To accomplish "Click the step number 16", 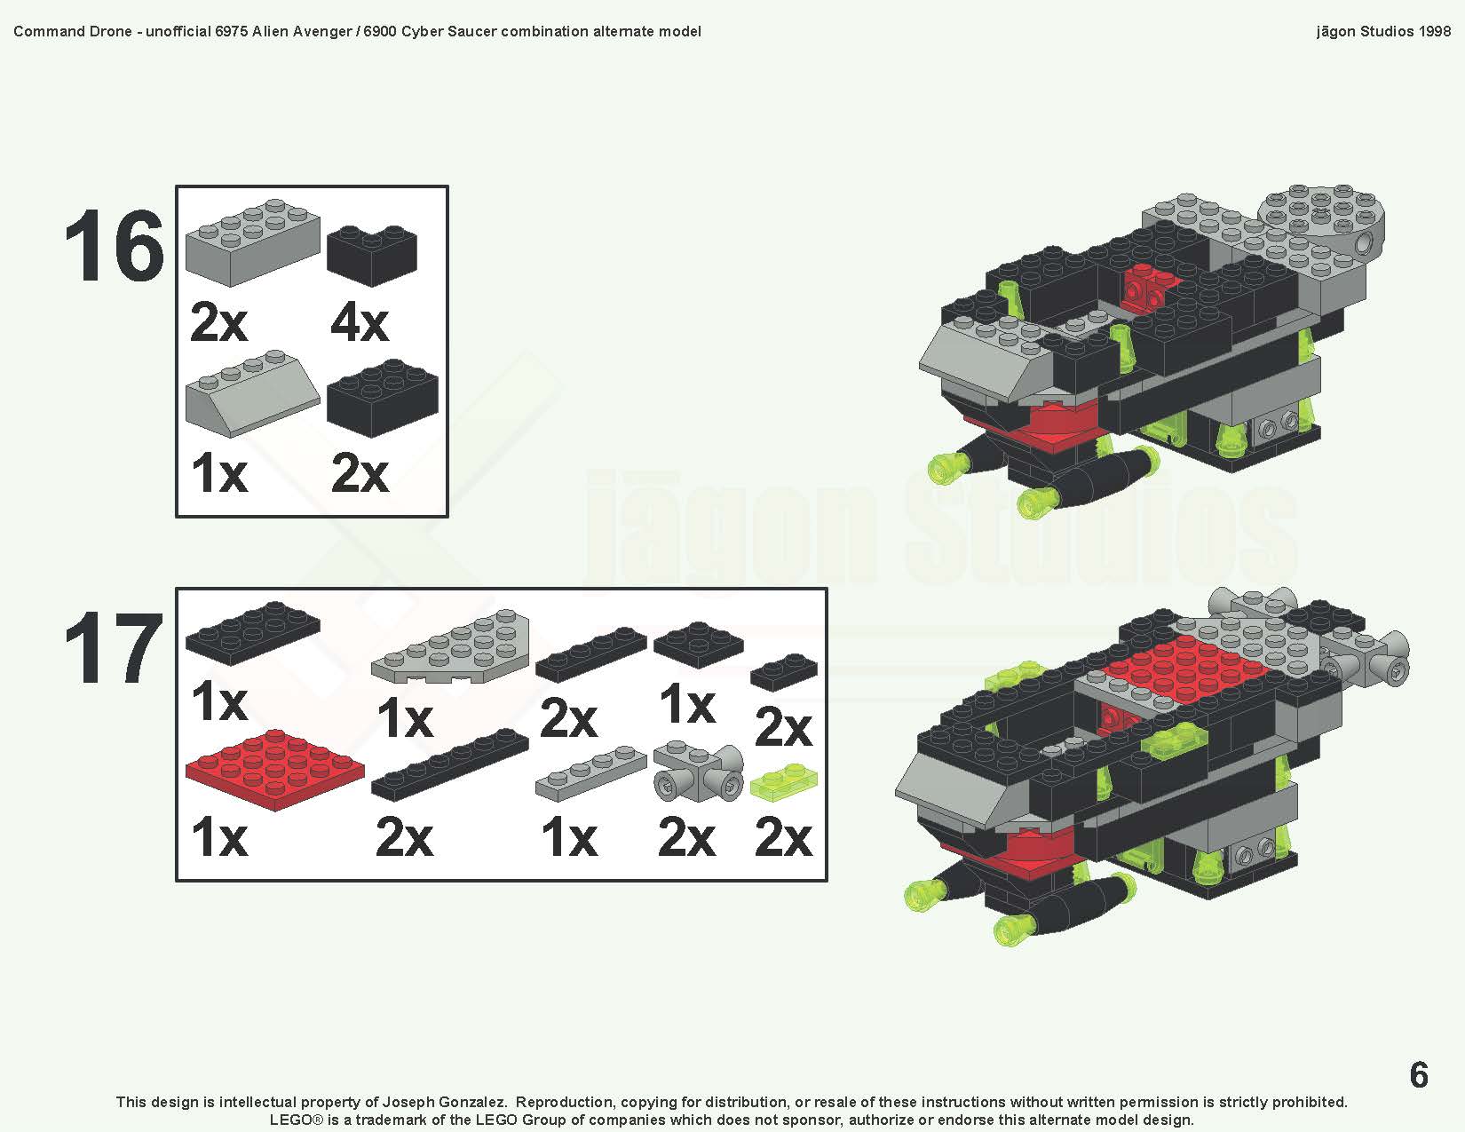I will (114, 247).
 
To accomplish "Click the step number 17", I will (114, 650).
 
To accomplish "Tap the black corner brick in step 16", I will (372, 256).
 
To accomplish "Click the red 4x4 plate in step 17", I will (274, 770).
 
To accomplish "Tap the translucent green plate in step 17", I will (782, 781).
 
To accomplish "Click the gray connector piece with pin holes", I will (698, 773).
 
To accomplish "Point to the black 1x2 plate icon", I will (783, 672).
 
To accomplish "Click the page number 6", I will (1419, 1075).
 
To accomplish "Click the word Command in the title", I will (49, 31).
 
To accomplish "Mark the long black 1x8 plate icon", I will (449, 765).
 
